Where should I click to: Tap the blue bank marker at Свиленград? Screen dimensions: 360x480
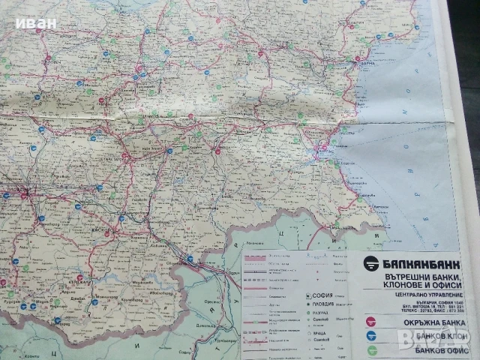click(x=190, y=259)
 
